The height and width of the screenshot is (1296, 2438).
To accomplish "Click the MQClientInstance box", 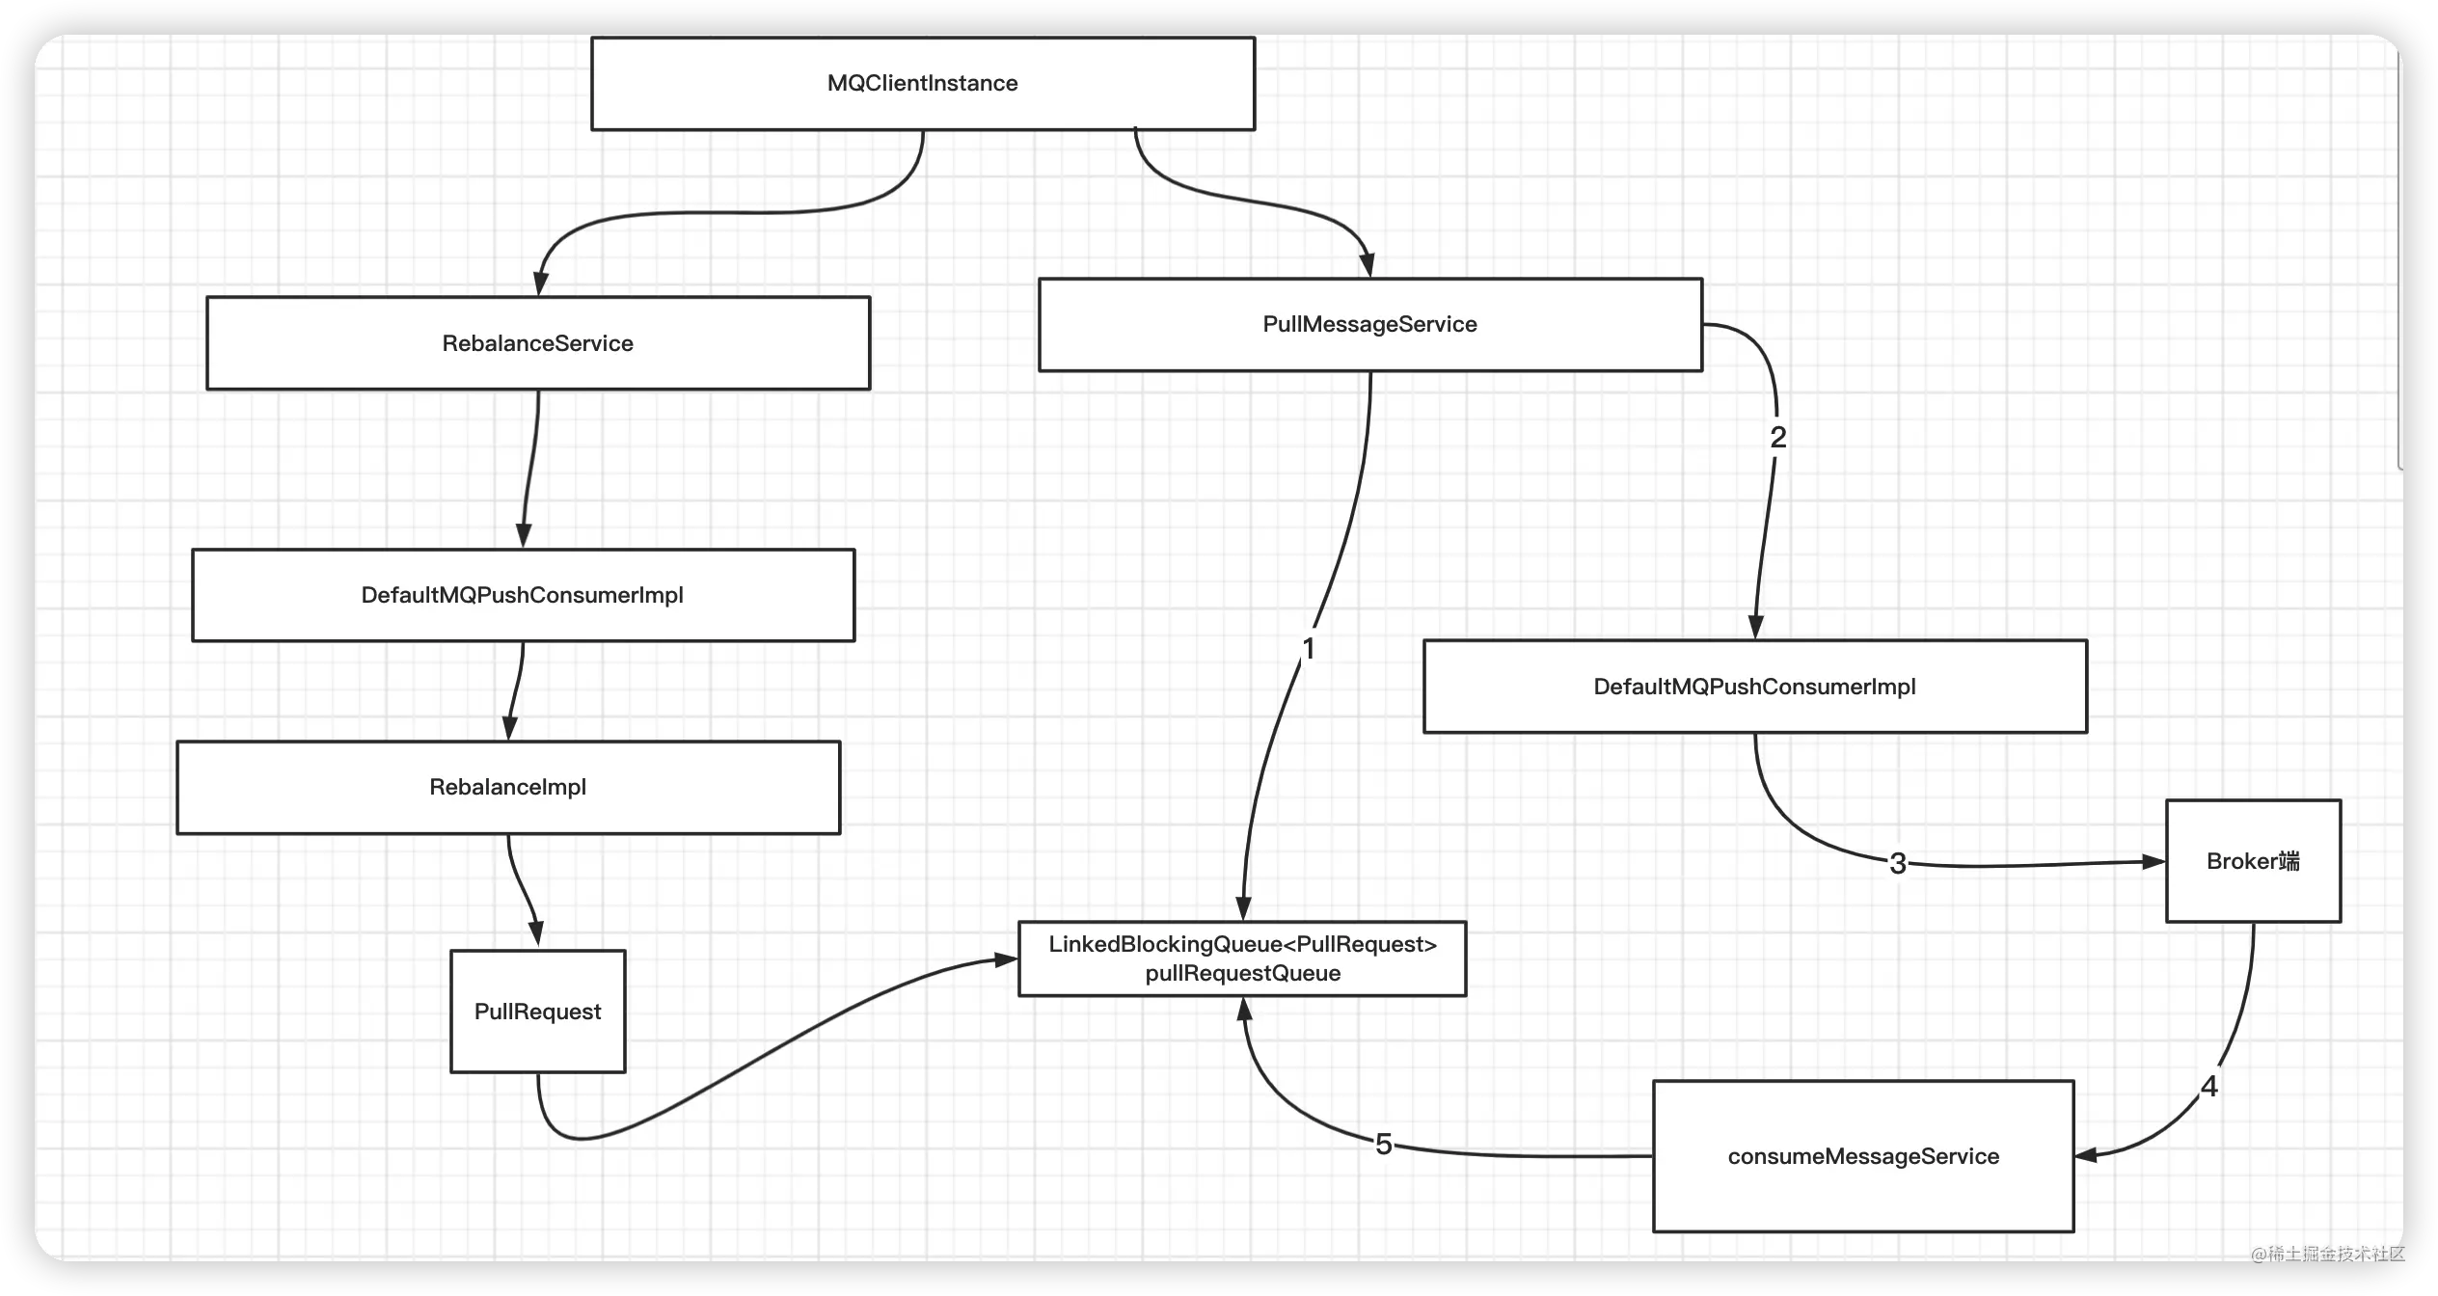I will (923, 84).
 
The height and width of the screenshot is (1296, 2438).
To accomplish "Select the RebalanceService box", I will (538, 343).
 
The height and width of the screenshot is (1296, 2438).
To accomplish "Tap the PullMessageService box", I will (1370, 325).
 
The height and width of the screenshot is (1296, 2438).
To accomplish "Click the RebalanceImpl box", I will (508, 787).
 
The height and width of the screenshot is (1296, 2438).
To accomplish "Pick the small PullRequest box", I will (538, 1012).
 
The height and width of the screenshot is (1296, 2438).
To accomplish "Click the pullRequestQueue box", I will (1242, 958).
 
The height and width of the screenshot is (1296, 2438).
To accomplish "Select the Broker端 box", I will (2253, 861).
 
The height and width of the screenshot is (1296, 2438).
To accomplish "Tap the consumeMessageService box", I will (1863, 1156).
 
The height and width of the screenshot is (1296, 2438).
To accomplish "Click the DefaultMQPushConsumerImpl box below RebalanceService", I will (523, 595).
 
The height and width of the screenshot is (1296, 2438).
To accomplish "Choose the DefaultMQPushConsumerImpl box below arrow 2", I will (1755, 687).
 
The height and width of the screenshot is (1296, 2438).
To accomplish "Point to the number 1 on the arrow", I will (1309, 649).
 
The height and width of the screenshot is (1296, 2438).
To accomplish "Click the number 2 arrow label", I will (1778, 437).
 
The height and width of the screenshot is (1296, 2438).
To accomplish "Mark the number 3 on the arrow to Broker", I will (1898, 863).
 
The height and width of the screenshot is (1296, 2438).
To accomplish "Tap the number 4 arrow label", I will (2209, 1087).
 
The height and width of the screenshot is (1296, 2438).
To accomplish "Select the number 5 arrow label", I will (1384, 1145).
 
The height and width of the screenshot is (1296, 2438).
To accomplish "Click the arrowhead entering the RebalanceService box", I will (541, 284).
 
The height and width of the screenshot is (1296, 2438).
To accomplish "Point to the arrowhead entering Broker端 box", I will (2154, 861).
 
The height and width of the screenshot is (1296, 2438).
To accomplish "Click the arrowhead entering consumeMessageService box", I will (2087, 1154).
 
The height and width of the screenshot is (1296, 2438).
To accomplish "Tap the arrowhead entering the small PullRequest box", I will (536, 934).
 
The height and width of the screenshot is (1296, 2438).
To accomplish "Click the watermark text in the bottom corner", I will (2327, 1254).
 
